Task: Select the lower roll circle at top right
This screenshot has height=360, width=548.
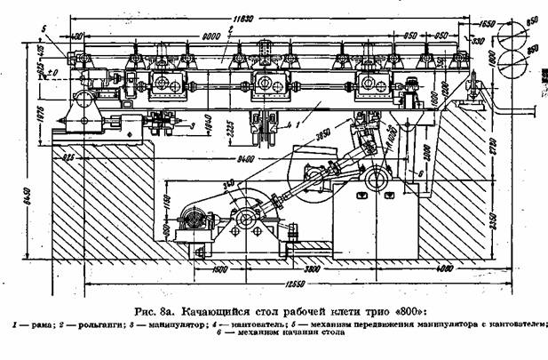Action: point(514,63)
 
